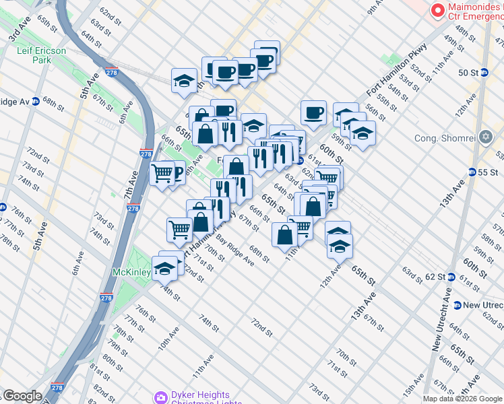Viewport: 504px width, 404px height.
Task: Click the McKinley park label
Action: [131, 273]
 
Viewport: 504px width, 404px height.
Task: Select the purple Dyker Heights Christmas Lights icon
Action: [160, 397]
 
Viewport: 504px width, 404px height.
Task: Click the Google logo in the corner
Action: [22, 396]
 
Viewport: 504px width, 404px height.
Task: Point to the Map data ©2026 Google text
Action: [462, 399]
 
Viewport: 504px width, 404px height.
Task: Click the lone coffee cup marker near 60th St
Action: [313, 113]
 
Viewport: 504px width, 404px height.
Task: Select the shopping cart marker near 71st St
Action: [179, 230]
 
